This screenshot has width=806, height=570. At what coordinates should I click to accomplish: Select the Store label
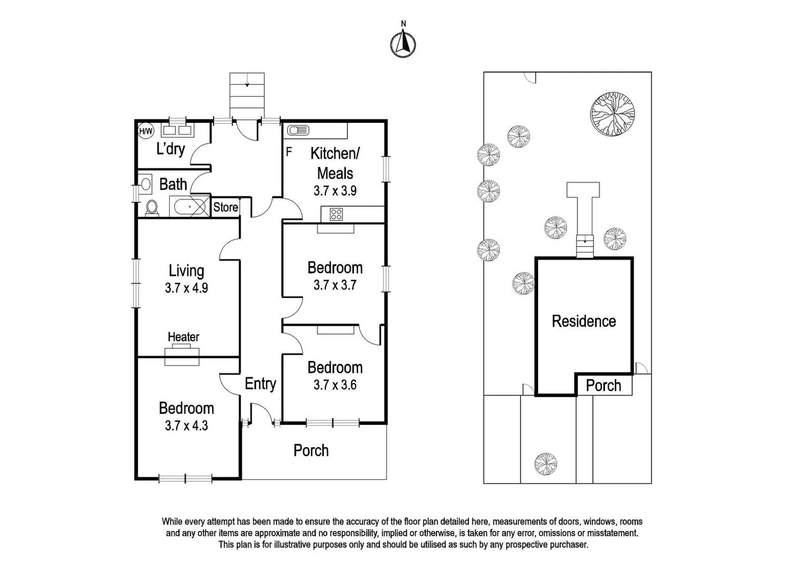225,207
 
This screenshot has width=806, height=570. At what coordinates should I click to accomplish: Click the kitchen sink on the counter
299,130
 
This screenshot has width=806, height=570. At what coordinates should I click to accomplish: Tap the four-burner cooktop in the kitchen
337,214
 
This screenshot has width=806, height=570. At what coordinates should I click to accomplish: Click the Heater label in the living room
183,337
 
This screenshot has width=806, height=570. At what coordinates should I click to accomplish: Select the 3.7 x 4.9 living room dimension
186,288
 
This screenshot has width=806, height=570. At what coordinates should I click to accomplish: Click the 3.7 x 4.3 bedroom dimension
186,425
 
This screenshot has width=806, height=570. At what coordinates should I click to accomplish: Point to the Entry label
260,384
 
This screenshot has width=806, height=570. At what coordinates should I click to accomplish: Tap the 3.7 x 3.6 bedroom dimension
334,385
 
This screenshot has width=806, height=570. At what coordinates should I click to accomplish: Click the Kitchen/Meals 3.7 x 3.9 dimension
334,191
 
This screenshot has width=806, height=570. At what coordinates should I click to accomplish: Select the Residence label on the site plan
583,321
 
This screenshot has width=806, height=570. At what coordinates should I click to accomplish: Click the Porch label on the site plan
603,386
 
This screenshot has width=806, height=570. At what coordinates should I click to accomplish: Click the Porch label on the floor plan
311,450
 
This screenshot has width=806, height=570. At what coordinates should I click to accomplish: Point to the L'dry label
170,149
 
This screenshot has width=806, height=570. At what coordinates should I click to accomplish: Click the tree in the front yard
545,464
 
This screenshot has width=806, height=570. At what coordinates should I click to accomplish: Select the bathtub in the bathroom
188,206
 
